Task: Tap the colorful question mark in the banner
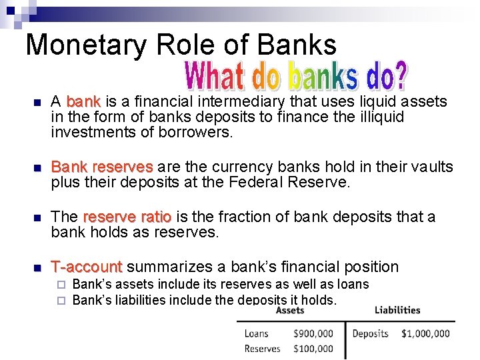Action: tap(398, 77)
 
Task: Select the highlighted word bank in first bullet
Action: tap(83, 102)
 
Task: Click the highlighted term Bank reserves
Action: tap(102, 167)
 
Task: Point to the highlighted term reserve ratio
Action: tap(127, 217)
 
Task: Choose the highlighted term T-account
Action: tap(87, 267)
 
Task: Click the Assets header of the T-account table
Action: tap(289, 310)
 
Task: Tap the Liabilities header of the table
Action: tap(397, 310)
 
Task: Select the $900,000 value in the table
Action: tap(313, 333)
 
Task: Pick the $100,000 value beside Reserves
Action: tap(313, 348)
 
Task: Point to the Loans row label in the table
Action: tap(257, 333)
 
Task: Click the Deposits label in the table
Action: tap(370, 333)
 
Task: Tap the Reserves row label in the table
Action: tap(262, 348)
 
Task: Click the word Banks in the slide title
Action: tap(297, 44)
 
